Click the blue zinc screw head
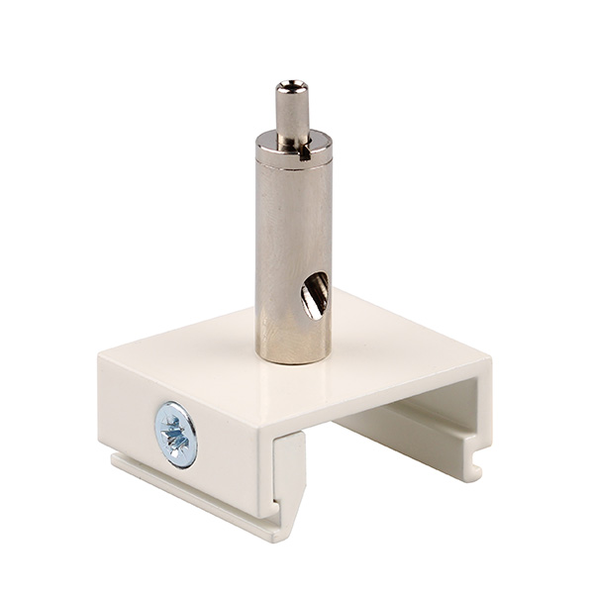(175, 434)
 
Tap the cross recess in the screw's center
(175, 434)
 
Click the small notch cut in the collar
(316, 150)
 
